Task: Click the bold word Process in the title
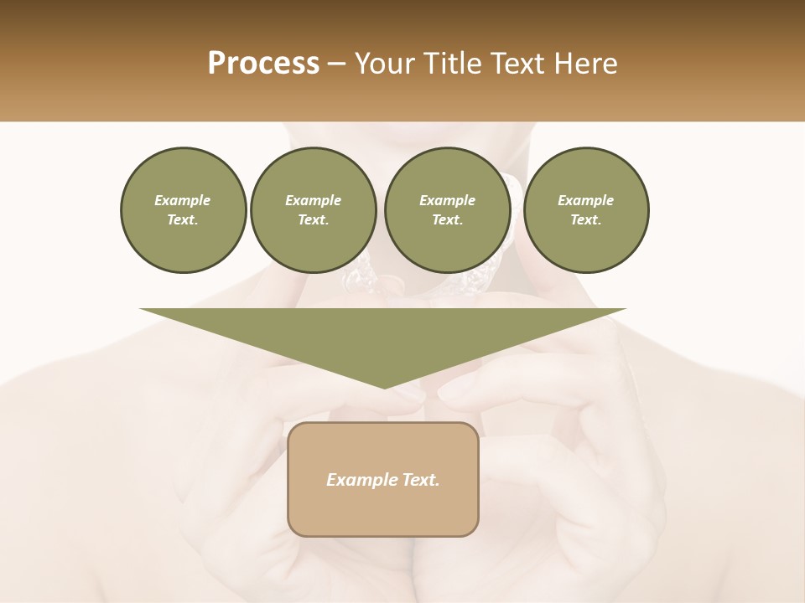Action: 263,64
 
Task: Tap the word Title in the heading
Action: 454,64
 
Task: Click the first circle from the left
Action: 183,210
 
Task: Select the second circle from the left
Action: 313,210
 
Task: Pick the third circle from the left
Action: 447,210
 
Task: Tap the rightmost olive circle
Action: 586,210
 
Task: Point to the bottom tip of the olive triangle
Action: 384,387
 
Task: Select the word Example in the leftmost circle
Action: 183,200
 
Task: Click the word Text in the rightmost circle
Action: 586,220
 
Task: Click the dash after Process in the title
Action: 337,64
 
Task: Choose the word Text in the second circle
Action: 313,220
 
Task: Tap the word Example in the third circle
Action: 447,200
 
